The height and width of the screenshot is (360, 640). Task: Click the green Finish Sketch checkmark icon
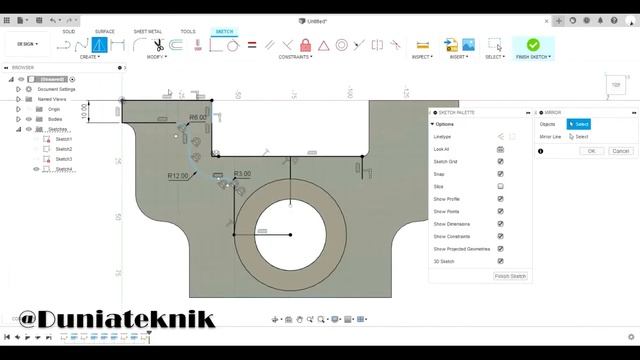pos(533,45)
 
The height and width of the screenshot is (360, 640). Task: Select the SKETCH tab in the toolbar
pos(224,31)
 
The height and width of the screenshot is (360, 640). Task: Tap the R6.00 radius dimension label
pos(198,117)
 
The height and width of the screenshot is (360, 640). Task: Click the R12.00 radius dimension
pos(178,176)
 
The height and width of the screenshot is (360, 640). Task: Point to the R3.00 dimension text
pos(242,174)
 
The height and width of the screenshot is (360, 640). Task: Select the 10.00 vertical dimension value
pos(85,112)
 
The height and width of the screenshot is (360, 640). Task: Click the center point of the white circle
pos(290,235)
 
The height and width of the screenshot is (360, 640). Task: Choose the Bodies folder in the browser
pos(54,119)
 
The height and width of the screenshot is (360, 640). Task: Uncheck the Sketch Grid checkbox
pos(500,161)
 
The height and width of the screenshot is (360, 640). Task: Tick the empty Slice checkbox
pos(500,186)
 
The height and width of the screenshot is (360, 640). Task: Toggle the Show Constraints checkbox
pos(500,236)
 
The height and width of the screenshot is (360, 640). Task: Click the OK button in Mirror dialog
pos(591,151)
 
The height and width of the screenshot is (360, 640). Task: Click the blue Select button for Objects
pos(579,124)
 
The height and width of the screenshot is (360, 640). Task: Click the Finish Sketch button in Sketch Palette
pos(510,276)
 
